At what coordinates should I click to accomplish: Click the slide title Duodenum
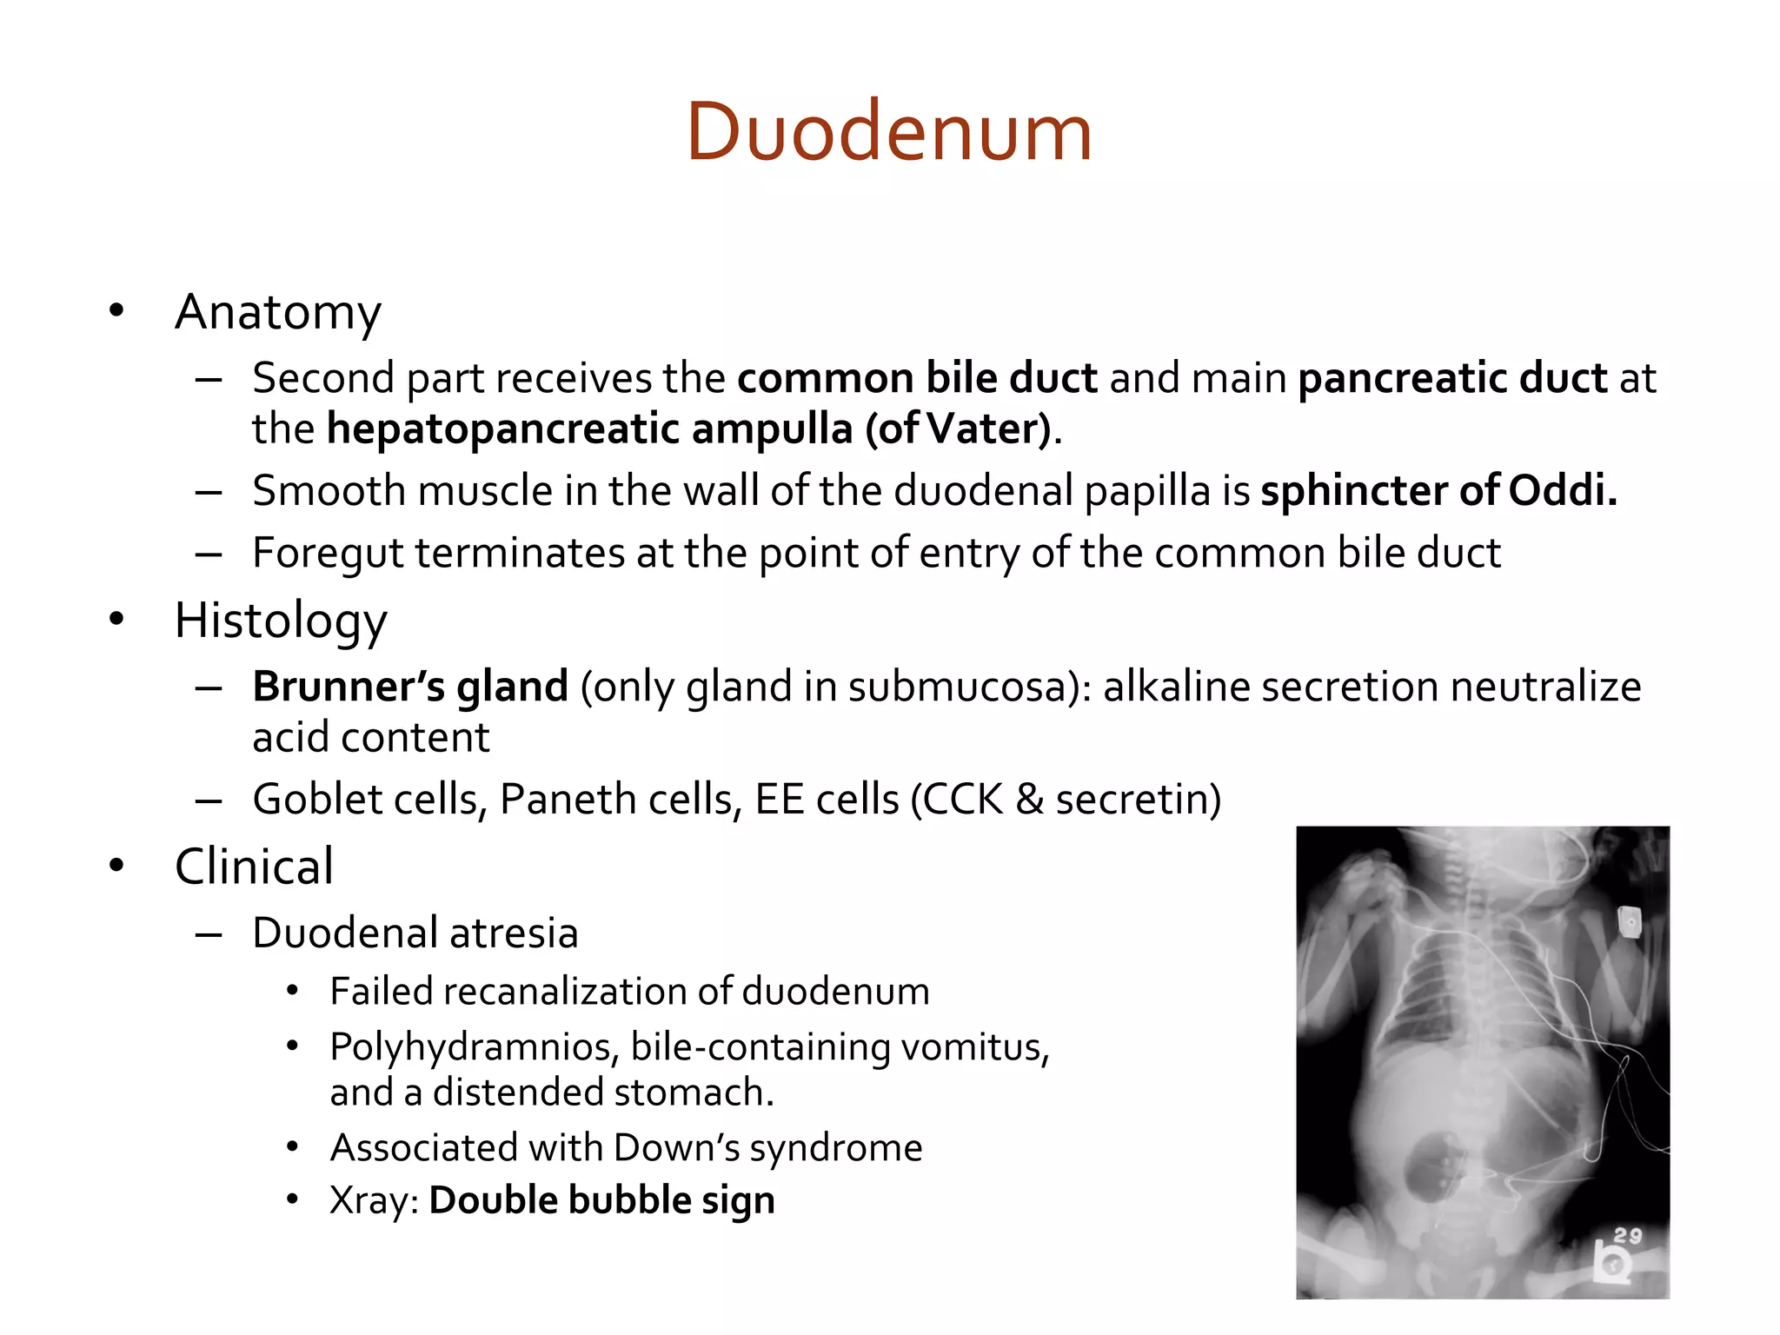tap(889, 132)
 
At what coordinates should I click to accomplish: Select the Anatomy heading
tap(278, 312)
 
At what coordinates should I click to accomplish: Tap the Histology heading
tap(281, 621)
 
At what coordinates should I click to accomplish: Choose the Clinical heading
tap(254, 867)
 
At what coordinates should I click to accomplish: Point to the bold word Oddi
tap(1562, 491)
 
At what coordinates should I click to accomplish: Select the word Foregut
tap(328, 554)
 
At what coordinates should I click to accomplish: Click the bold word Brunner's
tap(348, 687)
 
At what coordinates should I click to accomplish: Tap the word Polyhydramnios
tap(474, 1047)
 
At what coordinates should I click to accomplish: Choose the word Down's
tap(676, 1148)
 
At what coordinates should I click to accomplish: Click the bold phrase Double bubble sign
tap(601, 1200)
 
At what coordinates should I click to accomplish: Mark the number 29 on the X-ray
tap(1628, 1235)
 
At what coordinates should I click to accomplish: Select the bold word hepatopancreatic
tap(503, 428)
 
